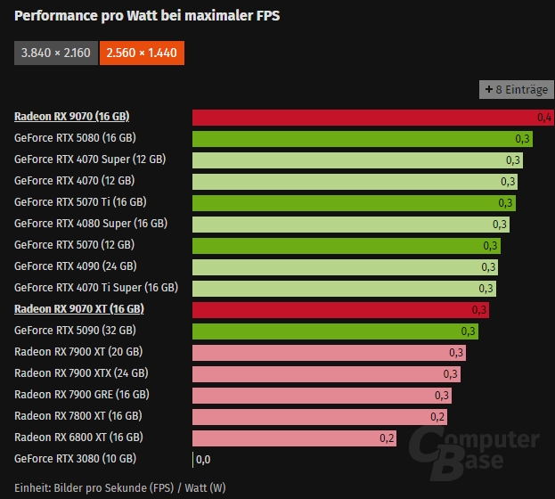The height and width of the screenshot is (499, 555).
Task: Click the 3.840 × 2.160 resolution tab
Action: pos(55,53)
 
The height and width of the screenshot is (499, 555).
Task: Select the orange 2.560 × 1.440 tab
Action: pos(142,53)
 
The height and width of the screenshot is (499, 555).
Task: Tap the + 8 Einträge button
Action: pos(517,89)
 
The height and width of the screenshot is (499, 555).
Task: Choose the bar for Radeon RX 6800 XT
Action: pos(295,438)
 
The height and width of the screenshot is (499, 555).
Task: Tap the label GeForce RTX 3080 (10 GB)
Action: pos(75,459)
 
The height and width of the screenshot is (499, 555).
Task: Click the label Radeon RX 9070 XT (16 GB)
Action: pos(78,309)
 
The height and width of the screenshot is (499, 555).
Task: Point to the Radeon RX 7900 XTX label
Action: pos(81,373)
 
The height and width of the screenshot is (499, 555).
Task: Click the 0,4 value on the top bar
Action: pos(544,117)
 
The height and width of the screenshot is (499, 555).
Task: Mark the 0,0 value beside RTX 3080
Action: pos(203,459)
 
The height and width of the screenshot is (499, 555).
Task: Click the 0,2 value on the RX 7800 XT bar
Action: pos(437,416)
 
